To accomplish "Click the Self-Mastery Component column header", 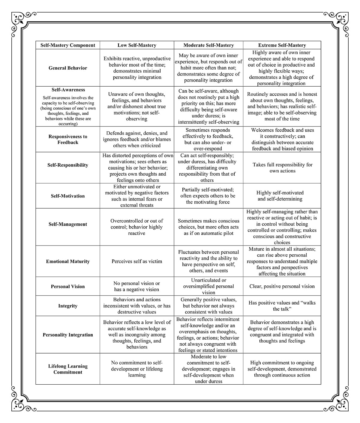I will click(x=68, y=45).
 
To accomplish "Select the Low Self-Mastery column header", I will click(x=137, y=45).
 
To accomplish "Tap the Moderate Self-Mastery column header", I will click(x=208, y=45).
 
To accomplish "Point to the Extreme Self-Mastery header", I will click(x=282, y=45).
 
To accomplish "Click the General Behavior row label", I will click(x=68, y=68).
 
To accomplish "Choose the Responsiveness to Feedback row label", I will click(x=68, y=139).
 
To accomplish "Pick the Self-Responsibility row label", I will click(x=68, y=165).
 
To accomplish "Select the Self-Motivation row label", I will click(x=68, y=196).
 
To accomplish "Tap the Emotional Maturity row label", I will click(x=68, y=261).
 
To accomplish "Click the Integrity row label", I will click(x=68, y=306).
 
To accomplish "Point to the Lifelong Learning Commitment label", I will click(x=68, y=369).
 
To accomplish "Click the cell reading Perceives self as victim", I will click(x=137, y=261).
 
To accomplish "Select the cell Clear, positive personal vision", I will click(x=282, y=286).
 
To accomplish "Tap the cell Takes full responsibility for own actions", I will click(x=282, y=168).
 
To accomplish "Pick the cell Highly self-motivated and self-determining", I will click(x=280, y=196).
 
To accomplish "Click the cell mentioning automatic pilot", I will click(x=208, y=227).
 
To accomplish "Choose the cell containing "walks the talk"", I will click(x=282, y=306).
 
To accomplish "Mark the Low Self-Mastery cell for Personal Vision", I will click(x=137, y=286).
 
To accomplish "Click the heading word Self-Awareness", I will click(x=68, y=90).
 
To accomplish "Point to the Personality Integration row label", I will click(x=68, y=335).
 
